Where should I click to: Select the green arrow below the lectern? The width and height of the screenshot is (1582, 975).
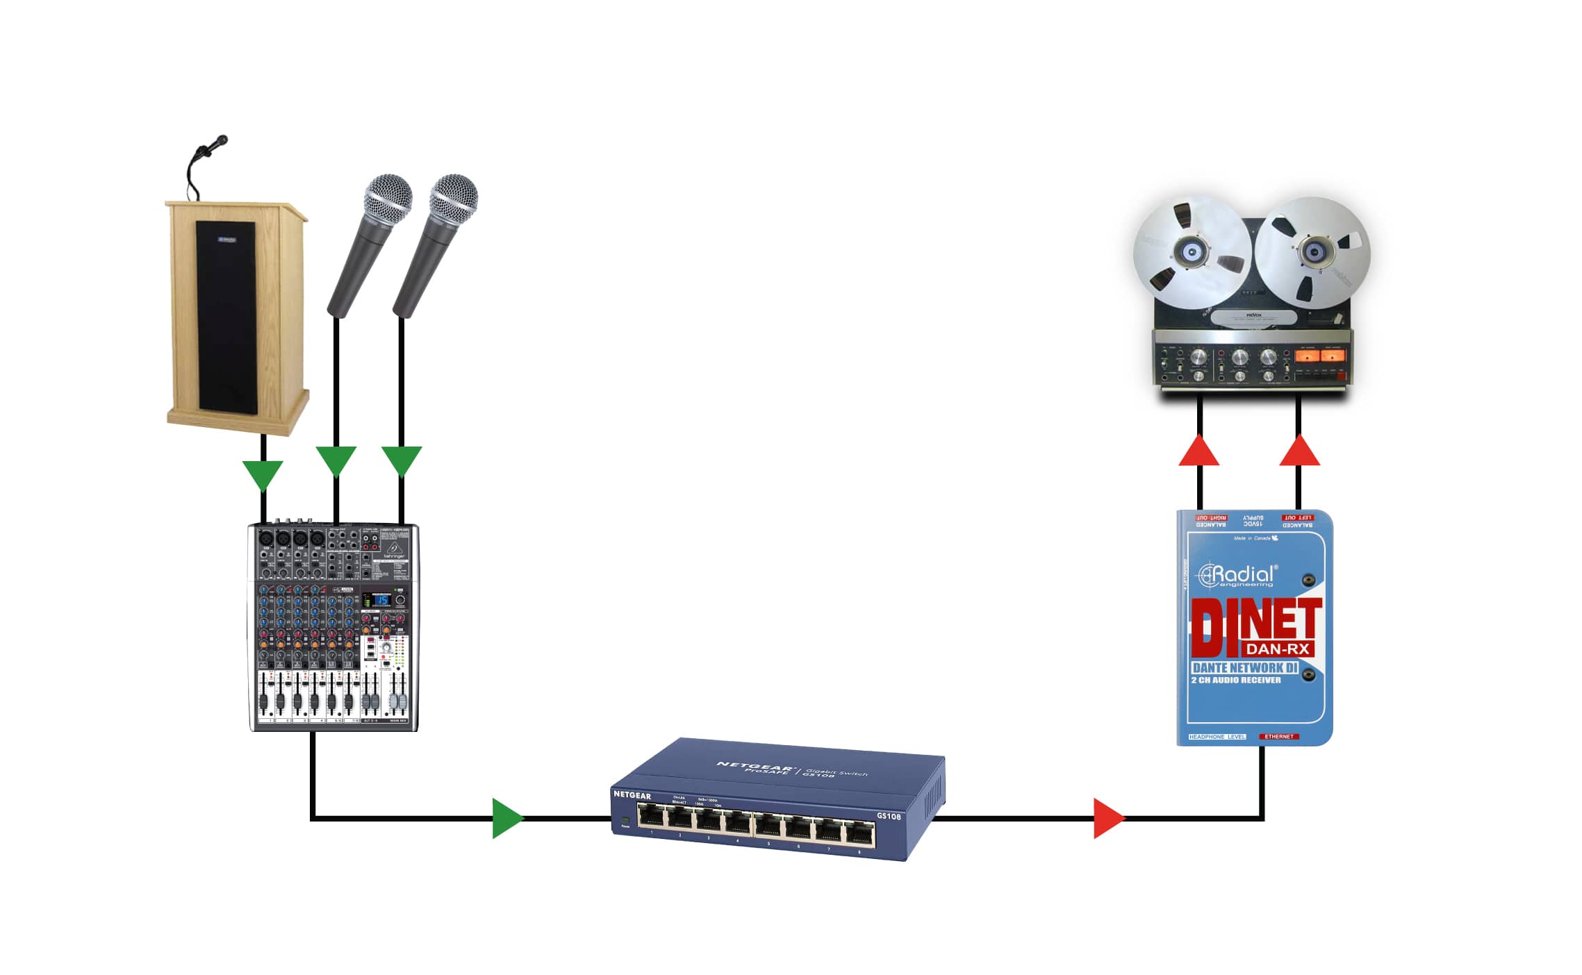[x=263, y=474]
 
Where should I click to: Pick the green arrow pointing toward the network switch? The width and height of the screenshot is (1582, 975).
[x=507, y=818]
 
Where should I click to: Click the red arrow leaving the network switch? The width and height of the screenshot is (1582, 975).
[x=1108, y=818]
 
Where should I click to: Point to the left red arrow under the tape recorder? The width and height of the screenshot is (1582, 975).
[x=1199, y=451]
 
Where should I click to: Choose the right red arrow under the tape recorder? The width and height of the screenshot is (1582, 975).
[x=1299, y=451]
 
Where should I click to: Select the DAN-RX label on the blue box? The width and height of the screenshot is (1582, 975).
[x=1278, y=649]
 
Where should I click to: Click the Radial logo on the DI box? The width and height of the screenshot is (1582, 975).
[x=1237, y=576]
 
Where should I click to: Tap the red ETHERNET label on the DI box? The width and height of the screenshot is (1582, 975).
[x=1278, y=736]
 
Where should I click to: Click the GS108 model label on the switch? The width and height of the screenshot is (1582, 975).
[x=889, y=816]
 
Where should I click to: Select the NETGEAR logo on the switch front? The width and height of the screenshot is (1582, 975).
[x=632, y=794]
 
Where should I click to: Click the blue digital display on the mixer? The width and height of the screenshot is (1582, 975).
[x=381, y=600]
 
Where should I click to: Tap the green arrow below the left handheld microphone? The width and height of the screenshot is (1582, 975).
[x=336, y=460]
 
